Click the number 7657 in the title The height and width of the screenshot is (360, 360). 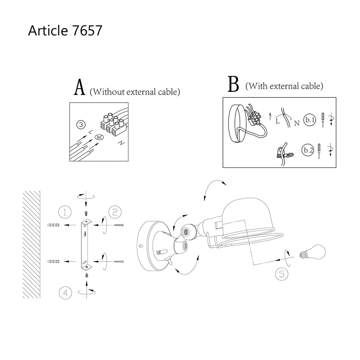pos(87,30)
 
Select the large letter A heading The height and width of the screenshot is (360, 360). pos(79,88)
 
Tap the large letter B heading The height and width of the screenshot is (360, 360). pos(233,84)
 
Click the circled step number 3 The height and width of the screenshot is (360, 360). pos(81,125)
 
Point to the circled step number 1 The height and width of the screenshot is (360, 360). pos(65,212)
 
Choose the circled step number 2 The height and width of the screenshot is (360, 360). pos(115,212)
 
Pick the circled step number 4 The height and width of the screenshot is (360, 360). pos(65,293)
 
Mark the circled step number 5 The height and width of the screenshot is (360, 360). pos(282,274)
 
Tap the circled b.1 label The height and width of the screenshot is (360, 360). pos(310,120)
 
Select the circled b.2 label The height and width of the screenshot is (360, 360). pos(308,150)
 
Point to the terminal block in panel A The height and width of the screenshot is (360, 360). pos(112,124)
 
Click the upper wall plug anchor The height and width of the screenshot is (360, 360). pos(53,225)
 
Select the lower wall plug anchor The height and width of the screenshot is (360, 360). pos(53,261)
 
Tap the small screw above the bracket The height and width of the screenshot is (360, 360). pos(86,213)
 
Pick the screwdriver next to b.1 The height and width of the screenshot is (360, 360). pos(323,120)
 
